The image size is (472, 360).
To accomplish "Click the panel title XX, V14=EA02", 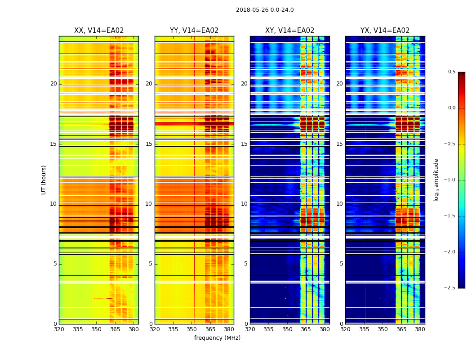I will [x=99, y=31].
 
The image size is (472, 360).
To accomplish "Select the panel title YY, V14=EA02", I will [x=194, y=31].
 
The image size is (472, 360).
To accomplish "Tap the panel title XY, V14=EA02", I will [x=289, y=31].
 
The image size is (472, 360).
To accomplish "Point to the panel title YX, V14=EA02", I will [x=385, y=31].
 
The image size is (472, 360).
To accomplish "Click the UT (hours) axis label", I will [x=44, y=180].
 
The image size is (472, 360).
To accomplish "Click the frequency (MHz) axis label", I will [x=217, y=338].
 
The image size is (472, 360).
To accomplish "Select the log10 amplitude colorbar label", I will [x=436, y=180].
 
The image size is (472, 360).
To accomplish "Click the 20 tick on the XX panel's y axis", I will [x=53, y=84].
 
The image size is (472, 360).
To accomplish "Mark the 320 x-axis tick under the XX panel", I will [x=59, y=329].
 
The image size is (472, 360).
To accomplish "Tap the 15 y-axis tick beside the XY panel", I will [x=244, y=144].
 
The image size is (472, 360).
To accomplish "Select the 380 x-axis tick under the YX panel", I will [x=420, y=329].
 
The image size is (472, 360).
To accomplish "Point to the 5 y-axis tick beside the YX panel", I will [x=341, y=264].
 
